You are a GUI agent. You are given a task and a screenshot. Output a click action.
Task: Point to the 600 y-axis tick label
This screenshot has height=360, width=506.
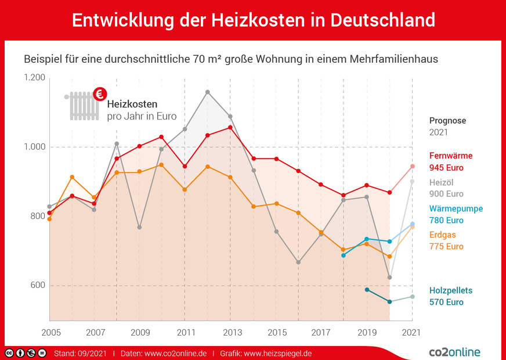click(x=37, y=285)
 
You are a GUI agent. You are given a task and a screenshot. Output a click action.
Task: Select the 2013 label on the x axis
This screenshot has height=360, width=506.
click(x=230, y=333)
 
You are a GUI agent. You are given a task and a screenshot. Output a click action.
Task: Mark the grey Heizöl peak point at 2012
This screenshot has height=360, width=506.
click(x=208, y=92)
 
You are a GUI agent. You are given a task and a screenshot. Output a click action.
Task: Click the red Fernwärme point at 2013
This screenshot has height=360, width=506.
click(x=230, y=127)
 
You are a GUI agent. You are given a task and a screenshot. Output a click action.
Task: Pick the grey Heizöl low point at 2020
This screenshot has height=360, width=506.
click(x=389, y=278)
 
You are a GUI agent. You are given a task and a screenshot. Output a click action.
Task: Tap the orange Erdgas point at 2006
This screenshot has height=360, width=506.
click(x=72, y=177)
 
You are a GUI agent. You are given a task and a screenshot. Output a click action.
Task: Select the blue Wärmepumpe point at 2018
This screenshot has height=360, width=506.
click(x=344, y=255)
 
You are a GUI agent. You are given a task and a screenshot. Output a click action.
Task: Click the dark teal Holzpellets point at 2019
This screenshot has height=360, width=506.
click(x=367, y=290)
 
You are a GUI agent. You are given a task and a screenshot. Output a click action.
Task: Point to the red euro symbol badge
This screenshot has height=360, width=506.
click(x=101, y=93)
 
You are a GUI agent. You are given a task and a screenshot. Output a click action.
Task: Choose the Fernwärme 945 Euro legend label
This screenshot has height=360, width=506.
click(x=451, y=161)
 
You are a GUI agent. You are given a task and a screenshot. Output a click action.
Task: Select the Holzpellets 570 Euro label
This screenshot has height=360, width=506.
click(x=451, y=296)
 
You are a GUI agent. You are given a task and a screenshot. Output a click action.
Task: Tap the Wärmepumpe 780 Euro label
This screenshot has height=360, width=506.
click(x=456, y=214)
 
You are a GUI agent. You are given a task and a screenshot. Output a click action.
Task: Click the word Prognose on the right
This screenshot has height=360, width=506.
click(x=447, y=121)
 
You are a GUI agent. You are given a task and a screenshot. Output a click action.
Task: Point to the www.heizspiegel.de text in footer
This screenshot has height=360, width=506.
click(x=278, y=353)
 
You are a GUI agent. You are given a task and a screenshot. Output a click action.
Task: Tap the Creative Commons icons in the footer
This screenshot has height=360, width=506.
click(x=26, y=353)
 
